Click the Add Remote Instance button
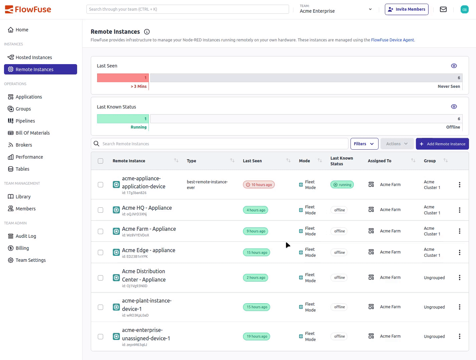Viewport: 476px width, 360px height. pos(442,144)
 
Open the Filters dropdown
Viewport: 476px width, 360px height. pos(364,144)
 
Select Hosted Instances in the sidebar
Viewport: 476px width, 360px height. pos(34,57)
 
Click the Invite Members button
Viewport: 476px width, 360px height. pos(406,9)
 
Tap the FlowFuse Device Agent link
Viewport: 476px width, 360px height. pos(392,40)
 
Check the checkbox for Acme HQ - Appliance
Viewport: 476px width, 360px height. pos(100,210)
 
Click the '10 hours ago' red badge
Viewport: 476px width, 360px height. pos(259,185)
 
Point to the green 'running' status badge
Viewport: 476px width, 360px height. pos(342,185)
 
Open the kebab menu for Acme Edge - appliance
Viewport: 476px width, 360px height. pos(459,252)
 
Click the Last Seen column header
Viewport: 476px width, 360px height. pos(252,161)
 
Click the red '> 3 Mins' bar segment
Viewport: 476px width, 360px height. pos(123,78)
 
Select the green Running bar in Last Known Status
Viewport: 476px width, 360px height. pos(123,119)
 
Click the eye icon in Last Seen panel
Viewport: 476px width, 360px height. pos(454,66)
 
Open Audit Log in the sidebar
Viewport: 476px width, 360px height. pos(26,236)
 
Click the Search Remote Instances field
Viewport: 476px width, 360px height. pos(220,144)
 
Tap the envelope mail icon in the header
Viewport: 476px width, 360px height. pos(443,9)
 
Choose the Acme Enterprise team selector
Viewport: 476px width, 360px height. pos(335,9)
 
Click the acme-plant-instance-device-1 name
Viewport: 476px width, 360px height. pos(147,305)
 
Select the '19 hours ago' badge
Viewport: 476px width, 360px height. pos(256,337)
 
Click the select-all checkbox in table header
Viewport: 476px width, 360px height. pos(100,161)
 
